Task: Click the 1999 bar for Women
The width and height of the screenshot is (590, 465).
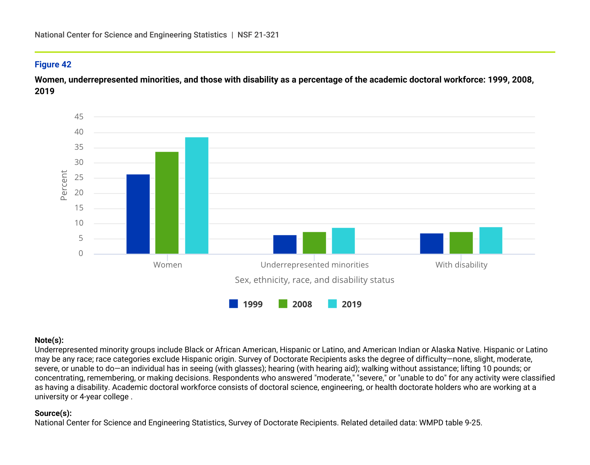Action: pos(138,214)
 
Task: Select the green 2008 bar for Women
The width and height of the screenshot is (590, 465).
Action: pos(167,203)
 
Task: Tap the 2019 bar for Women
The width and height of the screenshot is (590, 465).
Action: pos(197,196)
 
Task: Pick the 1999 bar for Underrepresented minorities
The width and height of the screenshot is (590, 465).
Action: pos(285,245)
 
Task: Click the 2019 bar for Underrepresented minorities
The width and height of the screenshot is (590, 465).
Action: pos(343,241)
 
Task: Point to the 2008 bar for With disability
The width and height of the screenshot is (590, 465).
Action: pos(461,243)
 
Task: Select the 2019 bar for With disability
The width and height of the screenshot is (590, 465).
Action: pos(491,240)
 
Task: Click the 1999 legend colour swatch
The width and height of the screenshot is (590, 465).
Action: pos(234,304)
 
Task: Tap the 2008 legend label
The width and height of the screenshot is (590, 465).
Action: pos(302,304)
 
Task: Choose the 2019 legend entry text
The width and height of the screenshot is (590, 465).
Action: pos(352,304)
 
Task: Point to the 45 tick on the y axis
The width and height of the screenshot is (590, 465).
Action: pos(79,117)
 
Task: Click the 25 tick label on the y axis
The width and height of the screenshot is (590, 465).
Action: pos(79,178)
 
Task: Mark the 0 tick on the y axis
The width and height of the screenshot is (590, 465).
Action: pos(81,253)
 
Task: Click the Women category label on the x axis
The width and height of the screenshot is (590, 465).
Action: pos(168,265)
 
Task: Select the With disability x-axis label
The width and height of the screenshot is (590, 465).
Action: pos(461,265)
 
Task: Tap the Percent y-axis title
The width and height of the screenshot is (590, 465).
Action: pos(64,185)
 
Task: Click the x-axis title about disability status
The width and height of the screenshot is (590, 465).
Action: pos(314,280)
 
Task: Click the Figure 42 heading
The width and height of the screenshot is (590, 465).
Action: pos(53,65)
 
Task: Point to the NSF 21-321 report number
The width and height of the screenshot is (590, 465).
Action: pos(258,35)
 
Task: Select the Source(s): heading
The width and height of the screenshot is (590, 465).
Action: pos(53,413)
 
